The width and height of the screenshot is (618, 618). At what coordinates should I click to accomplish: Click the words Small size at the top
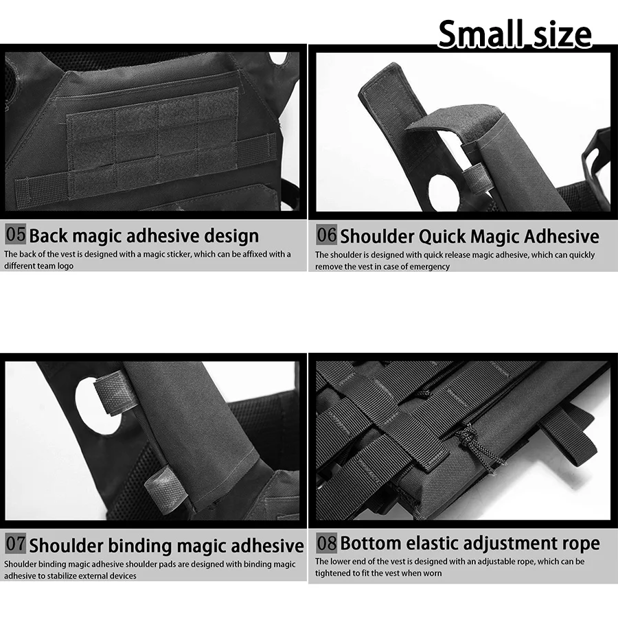tap(515, 34)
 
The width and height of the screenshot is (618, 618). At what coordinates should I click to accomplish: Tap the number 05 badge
tap(15, 234)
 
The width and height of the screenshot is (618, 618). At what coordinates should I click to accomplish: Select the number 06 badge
tap(326, 235)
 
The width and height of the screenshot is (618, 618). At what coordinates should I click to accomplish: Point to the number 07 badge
tap(15, 544)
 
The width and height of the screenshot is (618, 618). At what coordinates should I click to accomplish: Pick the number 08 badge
tap(326, 542)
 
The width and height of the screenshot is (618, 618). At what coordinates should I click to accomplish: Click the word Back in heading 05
tap(49, 236)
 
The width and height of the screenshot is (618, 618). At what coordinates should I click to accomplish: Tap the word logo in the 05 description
tap(65, 266)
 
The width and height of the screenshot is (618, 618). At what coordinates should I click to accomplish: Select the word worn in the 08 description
tap(433, 573)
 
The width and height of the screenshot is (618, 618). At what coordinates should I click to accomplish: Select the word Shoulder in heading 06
tap(377, 236)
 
